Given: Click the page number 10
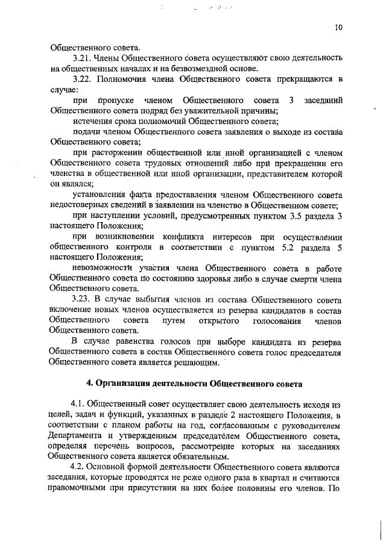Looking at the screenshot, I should click(x=338, y=28).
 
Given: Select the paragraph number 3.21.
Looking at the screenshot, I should click(x=82, y=58).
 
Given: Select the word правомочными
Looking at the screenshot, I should click(x=81, y=488).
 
